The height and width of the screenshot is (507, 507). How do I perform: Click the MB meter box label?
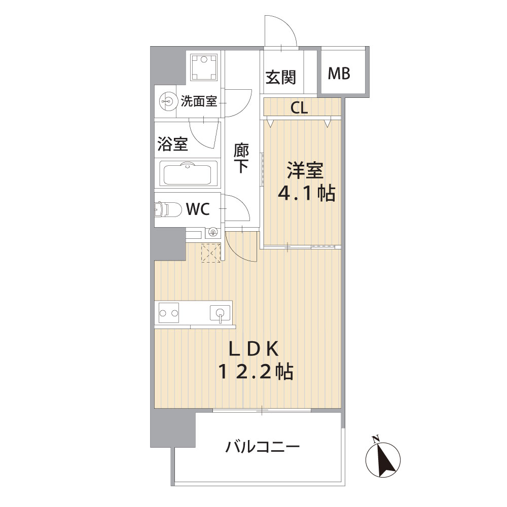339,74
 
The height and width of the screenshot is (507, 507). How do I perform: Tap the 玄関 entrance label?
281,77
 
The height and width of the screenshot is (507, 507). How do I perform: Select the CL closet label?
299,107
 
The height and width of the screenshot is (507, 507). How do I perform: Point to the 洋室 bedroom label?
305,171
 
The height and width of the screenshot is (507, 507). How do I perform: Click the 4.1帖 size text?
307,193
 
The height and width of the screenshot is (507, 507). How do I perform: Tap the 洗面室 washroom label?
199,101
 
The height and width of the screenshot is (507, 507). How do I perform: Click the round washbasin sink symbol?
168,101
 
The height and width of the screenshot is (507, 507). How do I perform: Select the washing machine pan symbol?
204,67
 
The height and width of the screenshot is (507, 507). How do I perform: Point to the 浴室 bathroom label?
173,144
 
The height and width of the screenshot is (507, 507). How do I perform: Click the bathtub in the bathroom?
188,175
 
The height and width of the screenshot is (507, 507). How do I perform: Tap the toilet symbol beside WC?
168,209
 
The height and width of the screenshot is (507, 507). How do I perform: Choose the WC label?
198,209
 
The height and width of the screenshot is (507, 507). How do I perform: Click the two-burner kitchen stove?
169,313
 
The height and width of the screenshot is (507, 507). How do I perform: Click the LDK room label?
254,349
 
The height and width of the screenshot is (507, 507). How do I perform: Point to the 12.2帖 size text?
256,372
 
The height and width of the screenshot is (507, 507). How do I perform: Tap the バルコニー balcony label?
263,447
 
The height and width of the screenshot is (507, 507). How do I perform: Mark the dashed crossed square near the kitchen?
211,253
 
